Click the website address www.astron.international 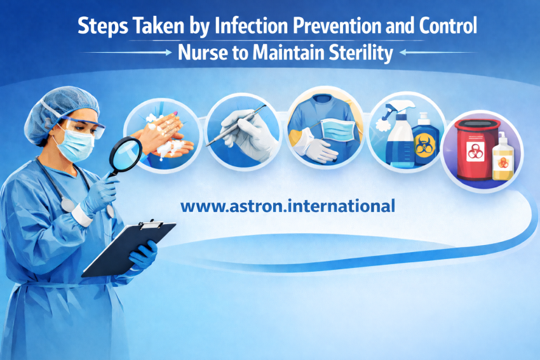[x=288, y=206]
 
